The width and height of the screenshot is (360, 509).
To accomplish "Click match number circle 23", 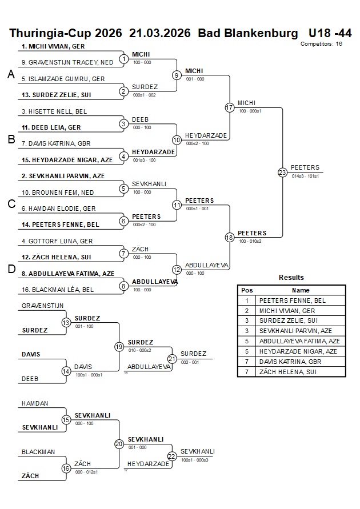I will (282, 172).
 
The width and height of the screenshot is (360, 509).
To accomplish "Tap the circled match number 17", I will (230, 107).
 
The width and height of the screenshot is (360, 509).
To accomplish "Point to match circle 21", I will (172, 359).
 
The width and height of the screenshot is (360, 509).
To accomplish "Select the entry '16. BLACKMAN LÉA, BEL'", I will (58, 290).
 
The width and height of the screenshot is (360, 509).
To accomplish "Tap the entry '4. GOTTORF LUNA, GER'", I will (57, 241).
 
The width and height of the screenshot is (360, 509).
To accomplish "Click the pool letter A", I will (11, 74).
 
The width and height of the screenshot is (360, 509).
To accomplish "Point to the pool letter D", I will (11, 269).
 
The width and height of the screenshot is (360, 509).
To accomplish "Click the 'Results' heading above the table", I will (291, 278).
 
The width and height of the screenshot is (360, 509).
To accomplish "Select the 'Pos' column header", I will (247, 290).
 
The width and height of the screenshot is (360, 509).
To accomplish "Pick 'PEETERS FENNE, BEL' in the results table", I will (292, 300).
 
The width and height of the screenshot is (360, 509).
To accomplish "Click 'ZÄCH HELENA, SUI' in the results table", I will (288, 372).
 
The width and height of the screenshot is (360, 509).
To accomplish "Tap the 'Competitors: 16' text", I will (322, 43).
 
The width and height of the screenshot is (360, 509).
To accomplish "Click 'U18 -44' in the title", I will (330, 33).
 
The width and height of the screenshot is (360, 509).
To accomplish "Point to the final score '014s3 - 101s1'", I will (305, 177).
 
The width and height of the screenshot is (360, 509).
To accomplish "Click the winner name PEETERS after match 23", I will (305, 167).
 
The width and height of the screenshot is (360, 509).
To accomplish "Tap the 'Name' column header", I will (301, 290).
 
